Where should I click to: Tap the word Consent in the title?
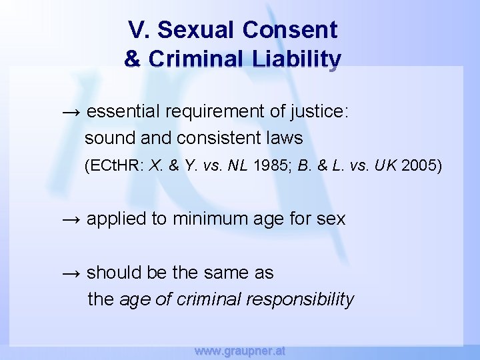(x=290, y=30)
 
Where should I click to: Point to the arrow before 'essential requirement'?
(x=71, y=111)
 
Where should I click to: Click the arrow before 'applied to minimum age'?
(x=71, y=219)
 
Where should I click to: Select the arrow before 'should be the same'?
(x=71, y=273)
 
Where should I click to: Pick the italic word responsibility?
(x=300, y=299)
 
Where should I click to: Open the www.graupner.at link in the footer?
(x=239, y=350)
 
